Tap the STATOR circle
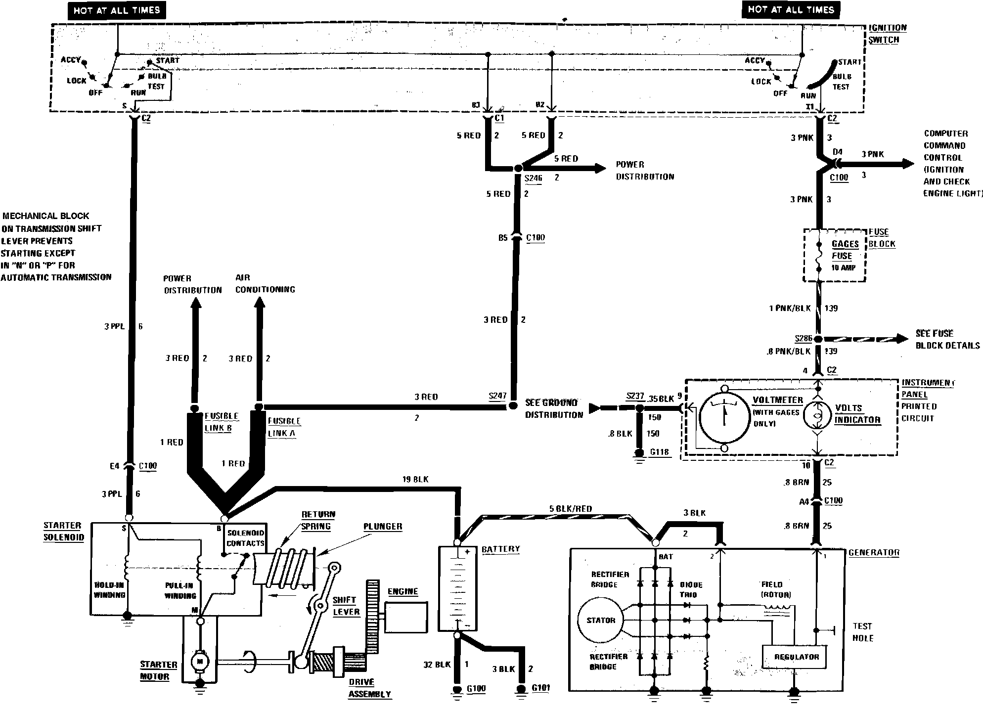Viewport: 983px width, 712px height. [600, 620]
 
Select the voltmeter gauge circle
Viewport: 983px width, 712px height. [724, 418]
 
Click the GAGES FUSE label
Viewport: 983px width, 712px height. [845, 250]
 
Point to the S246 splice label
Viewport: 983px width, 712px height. [533, 178]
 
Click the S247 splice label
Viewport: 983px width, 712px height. [497, 396]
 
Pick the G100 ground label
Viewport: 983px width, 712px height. [476, 688]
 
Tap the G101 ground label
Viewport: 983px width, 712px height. [540, 688]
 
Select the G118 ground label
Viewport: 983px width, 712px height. [660, 451]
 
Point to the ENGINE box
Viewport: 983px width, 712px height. [405, 617]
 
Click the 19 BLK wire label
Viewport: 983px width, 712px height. [415, 479]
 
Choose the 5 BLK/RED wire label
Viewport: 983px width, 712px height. [570, 508]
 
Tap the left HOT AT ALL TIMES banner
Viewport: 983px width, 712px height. [117, 10]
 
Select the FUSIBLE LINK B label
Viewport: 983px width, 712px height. [221, 422]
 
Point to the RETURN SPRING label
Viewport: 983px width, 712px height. [318, 520]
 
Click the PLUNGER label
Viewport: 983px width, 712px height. [382, 526]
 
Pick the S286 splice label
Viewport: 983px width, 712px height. [804, 338]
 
